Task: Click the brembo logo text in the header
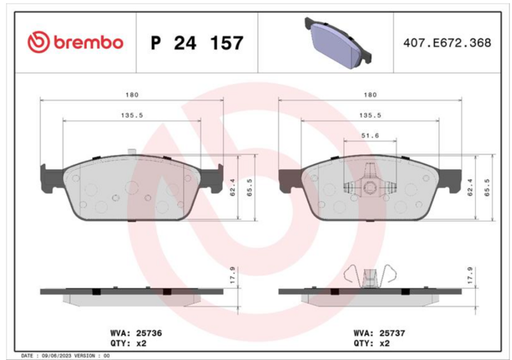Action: pyautogui.click(x=88, y=42)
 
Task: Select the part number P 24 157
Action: pyautogui.click(x=197, y=43)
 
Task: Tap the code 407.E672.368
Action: pyautogui.click(x=447, y=43)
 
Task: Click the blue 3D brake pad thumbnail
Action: pyautogui.click(x=338, y=43)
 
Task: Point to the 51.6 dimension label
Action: pyautogui.click(x=370, y=135)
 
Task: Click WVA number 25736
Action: pyautogui.click(x=149, y=333)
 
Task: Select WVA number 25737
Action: pyautogui.click(x=392, y=333)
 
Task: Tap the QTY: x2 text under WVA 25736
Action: pyautogui.click(x=129, y=343)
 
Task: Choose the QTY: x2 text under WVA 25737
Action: pyautogui.click(x=372, y=343)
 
